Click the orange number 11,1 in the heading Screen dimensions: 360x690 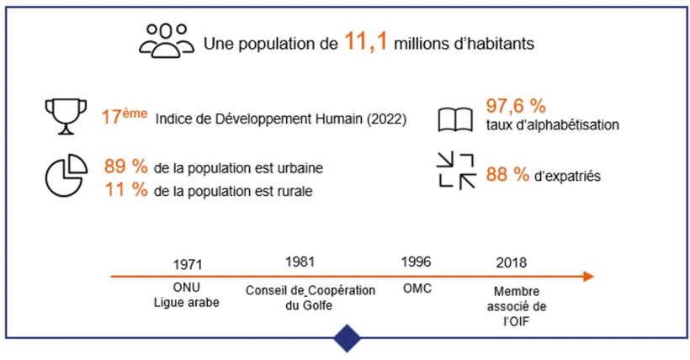(366, 42)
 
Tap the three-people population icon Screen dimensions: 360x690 (166, 40)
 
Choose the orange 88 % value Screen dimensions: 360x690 (508, 175)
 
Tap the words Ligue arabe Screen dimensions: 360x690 (187, 303)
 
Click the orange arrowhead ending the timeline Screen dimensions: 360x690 (588, 276)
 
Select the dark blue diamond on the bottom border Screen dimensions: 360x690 (347, 338)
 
